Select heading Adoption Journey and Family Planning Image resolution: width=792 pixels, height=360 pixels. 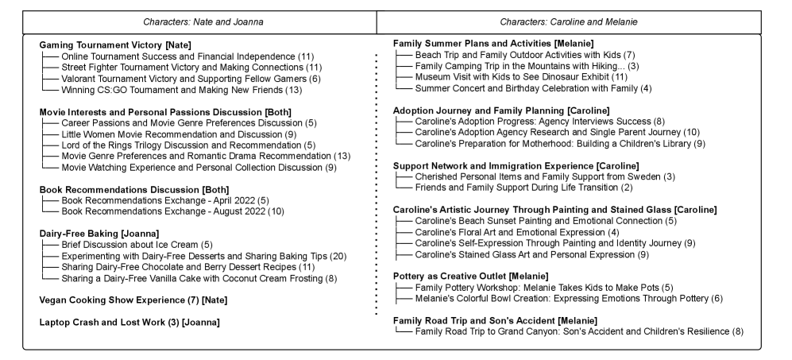tap(502, 109)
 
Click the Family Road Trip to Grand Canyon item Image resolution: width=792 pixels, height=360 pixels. tap(578, 330)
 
